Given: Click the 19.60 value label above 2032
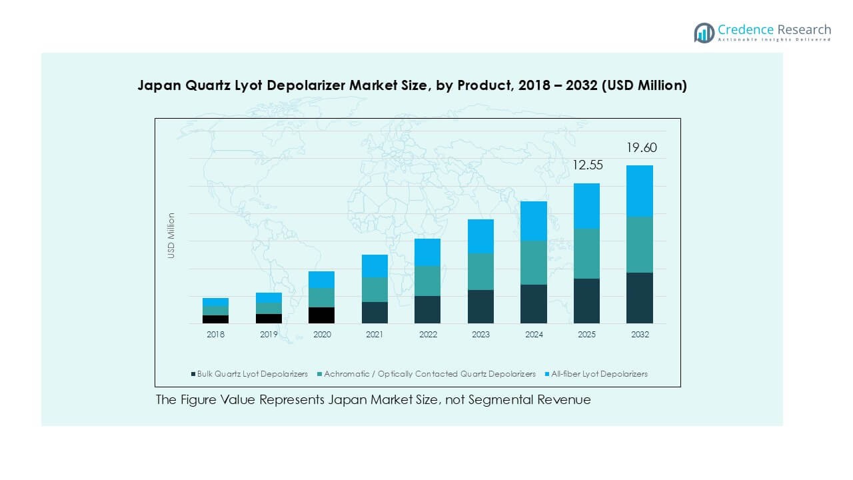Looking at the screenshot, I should [x=641, y=148].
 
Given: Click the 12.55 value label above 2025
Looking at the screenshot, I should [x=587, y=165].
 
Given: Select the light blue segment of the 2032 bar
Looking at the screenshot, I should [x=640, y=191].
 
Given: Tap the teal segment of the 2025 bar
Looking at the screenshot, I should [x=586, y=253].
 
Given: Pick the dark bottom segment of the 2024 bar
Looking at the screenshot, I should [x=533, y=304].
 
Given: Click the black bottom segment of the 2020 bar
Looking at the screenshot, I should [x=322, y=315].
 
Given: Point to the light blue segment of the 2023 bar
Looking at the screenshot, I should [x=480, y=236].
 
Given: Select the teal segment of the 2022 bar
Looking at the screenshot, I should [x=427, y=281].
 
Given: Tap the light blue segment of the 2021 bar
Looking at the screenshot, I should [x=375, y=266].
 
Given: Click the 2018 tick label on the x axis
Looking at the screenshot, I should [x=215, y=335].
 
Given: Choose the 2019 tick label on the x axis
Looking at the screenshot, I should [x=269, y=335].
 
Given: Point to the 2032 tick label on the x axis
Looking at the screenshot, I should [x=640, y=335].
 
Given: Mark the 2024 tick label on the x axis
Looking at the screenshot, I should [x=533, y=335].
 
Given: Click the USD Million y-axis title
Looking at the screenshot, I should [x=171, y=235].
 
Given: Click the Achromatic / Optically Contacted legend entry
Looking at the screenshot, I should [x=429, y=374].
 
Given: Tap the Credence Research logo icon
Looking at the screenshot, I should [x=704, y=33].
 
